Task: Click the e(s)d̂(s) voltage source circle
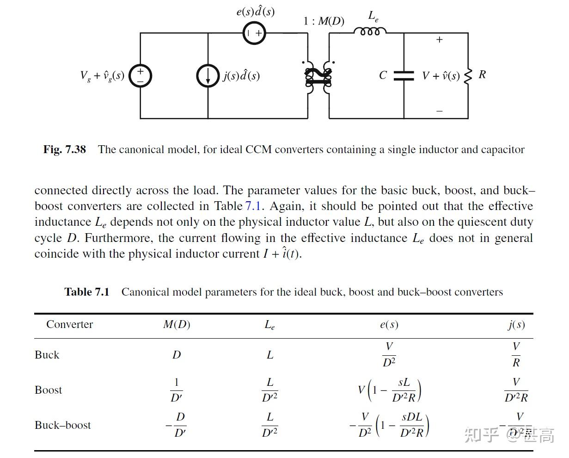(254, 33)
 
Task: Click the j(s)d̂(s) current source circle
(208, 75)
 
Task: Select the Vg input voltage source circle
(140, 75)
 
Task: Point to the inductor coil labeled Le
(370, 31)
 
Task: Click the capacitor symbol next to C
(404, 75)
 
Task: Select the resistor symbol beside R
(468, 75)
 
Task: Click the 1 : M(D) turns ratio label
(324, 21)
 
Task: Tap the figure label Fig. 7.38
(65, 149)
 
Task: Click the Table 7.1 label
(87, 292)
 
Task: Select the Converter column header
(69, 324)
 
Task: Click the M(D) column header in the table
(177, 324)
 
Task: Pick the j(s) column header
(516, 324)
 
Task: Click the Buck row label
(47, 355)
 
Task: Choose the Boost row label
(48, 390)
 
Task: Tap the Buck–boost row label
(63, 425)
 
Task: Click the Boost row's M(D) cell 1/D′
(177, 390)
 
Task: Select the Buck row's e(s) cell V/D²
(389, 355)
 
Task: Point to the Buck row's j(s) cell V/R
(516, 355)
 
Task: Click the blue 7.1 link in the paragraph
(254, 206)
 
